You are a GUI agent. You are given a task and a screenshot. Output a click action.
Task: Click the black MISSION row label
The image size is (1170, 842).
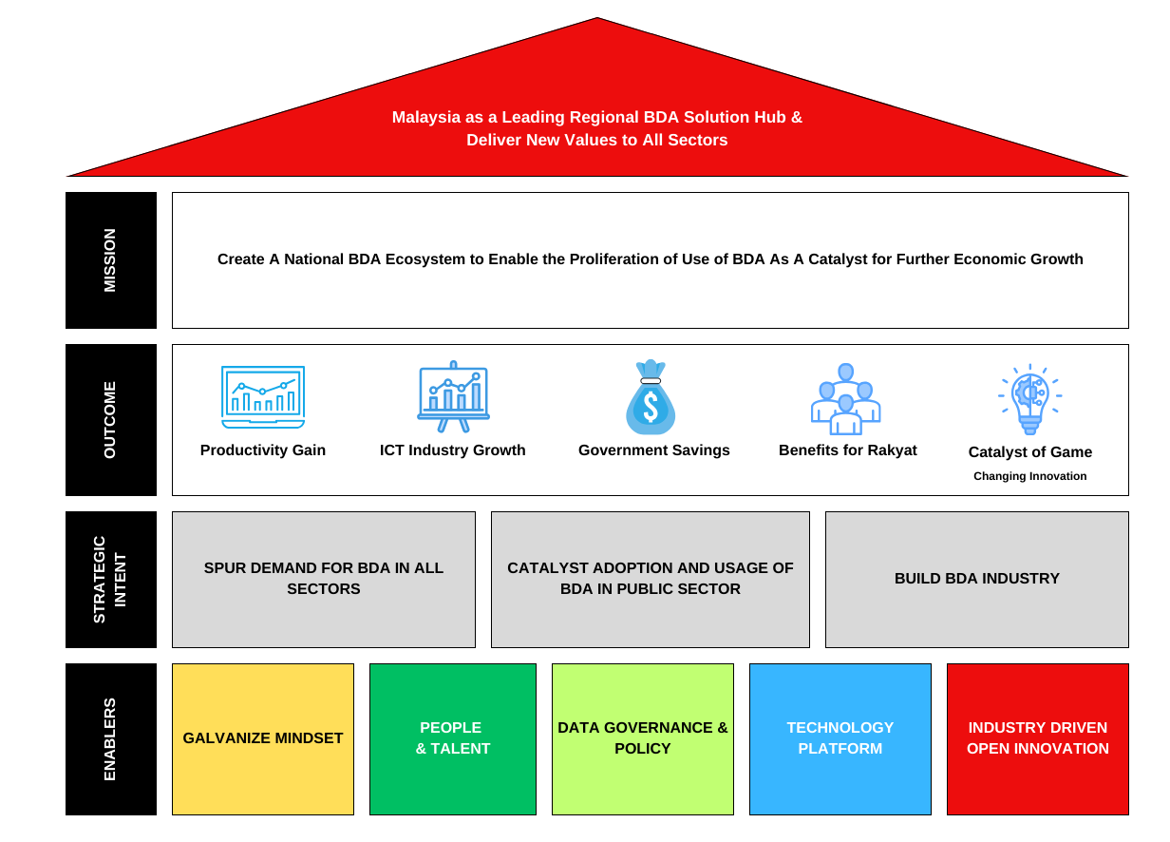(111, 260)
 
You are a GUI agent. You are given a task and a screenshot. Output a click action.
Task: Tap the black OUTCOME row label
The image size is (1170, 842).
(111, 420)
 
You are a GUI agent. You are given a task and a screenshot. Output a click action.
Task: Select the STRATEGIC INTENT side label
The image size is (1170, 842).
(111, 580)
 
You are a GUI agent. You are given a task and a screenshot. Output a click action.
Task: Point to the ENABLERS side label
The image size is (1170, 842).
(111, 739)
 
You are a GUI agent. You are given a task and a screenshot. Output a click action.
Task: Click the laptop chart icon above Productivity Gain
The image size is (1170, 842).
(263, 397)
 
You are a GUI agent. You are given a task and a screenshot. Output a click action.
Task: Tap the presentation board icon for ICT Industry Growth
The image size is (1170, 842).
(453, 396)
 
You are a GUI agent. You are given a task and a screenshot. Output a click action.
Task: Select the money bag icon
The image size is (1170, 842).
(651, 396)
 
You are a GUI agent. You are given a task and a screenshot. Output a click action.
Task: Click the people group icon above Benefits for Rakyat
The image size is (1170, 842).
(845, 399)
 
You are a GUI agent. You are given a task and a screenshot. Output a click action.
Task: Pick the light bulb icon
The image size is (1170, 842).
(1030, 399)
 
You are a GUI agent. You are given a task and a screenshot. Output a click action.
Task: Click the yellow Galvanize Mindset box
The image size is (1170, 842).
(263, 739)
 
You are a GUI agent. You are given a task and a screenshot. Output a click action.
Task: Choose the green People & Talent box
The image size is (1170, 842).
(453, 739)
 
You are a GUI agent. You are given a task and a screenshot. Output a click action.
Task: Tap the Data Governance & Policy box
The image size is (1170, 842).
(642, 739)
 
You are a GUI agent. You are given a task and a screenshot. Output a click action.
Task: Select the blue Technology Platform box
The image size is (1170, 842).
(840, 739)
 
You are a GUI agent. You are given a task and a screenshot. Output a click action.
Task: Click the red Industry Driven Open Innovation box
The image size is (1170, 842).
(1037, 739)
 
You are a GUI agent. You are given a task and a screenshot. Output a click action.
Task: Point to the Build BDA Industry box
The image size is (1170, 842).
(976, 580)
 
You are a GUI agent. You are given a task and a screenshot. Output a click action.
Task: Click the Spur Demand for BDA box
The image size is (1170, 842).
(323, 580)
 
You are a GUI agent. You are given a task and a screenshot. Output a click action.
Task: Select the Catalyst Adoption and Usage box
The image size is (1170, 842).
(651, 580)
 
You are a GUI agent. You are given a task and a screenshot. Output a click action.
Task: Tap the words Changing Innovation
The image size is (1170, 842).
(1030, 476)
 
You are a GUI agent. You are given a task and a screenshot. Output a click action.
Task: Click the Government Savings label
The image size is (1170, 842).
(654, 450)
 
